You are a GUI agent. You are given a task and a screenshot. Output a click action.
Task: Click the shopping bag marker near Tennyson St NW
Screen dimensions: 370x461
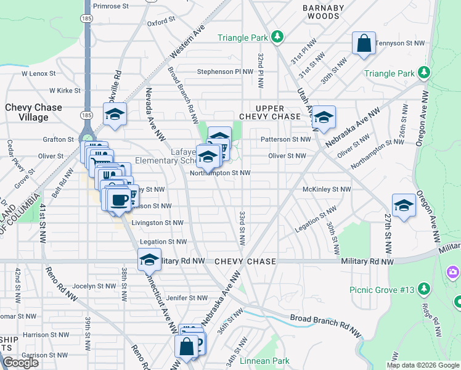(364, 44)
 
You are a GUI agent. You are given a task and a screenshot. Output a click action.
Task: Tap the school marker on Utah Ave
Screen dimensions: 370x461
(324, 118)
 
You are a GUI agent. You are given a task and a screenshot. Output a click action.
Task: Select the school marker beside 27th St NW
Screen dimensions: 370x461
(404, 206)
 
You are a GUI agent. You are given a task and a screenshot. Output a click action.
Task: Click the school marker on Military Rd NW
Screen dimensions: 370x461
(149, 260)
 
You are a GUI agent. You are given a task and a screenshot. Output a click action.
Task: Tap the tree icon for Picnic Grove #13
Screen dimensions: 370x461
(423, 289)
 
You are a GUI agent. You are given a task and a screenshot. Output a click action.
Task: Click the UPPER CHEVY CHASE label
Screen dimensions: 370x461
(270, 113)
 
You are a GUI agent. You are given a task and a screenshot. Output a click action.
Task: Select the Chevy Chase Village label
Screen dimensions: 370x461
(34, 113)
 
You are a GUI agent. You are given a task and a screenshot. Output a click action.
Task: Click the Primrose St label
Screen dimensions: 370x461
(110, 6)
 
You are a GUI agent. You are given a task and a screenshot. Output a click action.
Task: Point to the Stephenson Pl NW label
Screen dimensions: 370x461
(226, 72)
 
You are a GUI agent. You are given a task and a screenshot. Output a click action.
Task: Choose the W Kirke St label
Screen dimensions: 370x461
(65, 91)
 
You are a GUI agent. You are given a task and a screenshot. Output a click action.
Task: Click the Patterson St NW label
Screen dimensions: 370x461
(285, 139)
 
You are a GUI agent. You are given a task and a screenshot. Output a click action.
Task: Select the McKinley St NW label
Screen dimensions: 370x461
(327, 189)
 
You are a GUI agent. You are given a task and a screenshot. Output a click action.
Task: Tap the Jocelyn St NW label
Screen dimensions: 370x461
(94, 286)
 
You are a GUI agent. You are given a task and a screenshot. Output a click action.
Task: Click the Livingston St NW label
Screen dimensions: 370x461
(157, 223)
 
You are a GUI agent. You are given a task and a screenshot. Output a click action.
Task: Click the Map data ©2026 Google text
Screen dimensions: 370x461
(422, 365)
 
